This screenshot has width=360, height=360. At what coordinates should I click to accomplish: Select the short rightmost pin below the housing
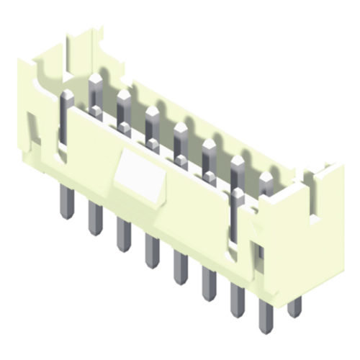pos(293,305)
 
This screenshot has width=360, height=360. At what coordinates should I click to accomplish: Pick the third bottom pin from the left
pos(123,234)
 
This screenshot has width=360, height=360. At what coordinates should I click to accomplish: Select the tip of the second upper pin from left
pos(94,78)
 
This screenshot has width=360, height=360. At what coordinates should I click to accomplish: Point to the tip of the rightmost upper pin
pos(266,176)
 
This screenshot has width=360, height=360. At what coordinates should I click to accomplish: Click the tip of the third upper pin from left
pos(123,94)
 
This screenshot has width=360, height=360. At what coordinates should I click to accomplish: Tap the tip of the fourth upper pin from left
pos(152,111)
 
